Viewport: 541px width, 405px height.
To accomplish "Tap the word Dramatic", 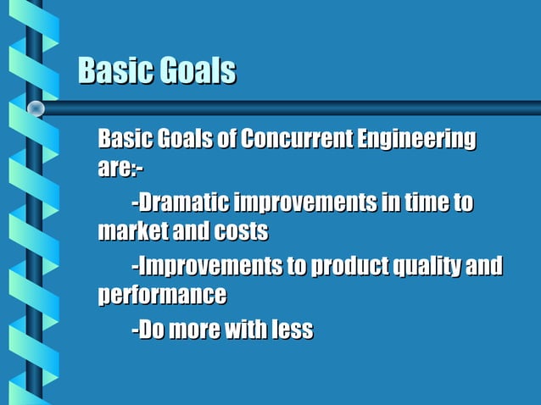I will tap(184, 203).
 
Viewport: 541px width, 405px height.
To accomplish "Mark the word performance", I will tap(162, 296).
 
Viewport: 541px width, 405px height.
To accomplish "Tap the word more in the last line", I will tap(195, 330).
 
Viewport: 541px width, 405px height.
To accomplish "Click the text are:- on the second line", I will tap(120, 168).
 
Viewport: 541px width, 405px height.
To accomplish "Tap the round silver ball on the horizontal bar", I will tap(36, 108).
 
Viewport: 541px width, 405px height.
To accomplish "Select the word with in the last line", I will tap(246, 330).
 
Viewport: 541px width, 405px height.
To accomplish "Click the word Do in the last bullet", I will tap(151, 330).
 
